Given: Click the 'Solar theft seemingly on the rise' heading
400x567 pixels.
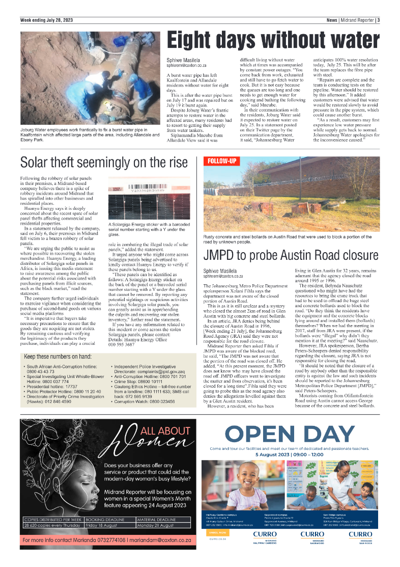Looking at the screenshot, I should coord(104,163).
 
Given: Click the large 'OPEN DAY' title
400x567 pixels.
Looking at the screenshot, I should coord(290,434).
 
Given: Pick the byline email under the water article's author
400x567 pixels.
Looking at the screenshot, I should coord(187,66).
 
